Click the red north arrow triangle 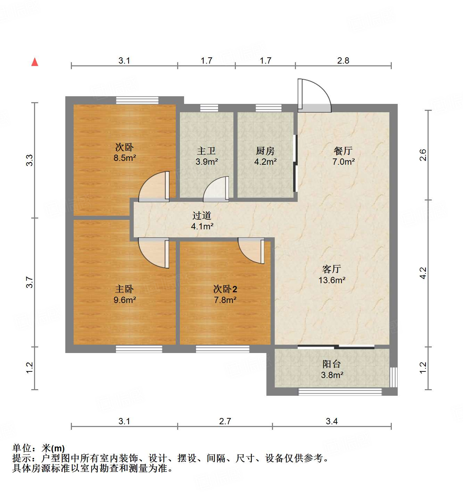(35, 62)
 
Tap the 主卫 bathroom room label (206, 151)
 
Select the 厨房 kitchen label (265, 151)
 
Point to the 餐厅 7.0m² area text (344, 162)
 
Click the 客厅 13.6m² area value (332, 280)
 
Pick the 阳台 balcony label (331, 364)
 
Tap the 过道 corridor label (202, 216)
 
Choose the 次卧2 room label (225, 289)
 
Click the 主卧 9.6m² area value (125, 300)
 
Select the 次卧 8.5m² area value (125, 158)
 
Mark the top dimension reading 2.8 (343, 60)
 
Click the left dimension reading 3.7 (30, 282)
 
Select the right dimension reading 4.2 (423, 273)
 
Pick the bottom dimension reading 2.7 (225, 421)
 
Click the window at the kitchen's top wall (268, 108)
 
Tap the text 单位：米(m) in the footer (39, 448)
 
